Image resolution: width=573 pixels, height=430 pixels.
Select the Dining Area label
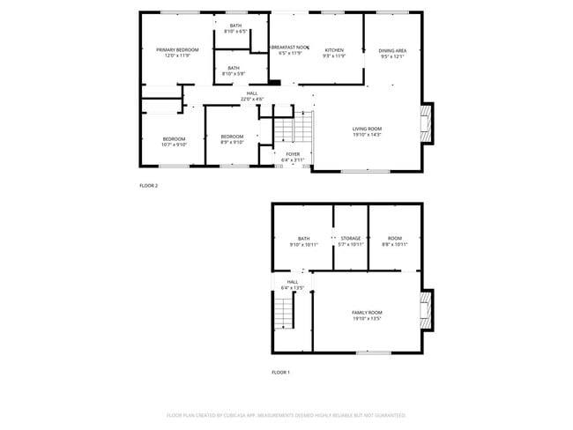(392, 50)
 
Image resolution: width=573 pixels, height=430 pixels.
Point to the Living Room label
(367, 129)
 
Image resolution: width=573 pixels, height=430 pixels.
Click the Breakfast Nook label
(289, 47)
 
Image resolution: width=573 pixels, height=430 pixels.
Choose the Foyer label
(292, 153)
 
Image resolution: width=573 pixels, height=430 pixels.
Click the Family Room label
(367, 313)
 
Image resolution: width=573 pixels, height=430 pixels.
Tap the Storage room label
(351, 238)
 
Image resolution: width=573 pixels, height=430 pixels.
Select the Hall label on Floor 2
(252, 93)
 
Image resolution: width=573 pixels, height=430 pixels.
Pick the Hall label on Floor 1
(292, 282)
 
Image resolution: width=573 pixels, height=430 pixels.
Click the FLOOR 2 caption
(149, 186)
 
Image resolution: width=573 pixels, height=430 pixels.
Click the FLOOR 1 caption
(280, 373)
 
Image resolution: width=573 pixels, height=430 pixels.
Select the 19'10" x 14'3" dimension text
(367, 135)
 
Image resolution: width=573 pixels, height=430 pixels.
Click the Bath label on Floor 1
(303, 238)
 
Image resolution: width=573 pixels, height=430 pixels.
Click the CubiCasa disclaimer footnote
(286, 414)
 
